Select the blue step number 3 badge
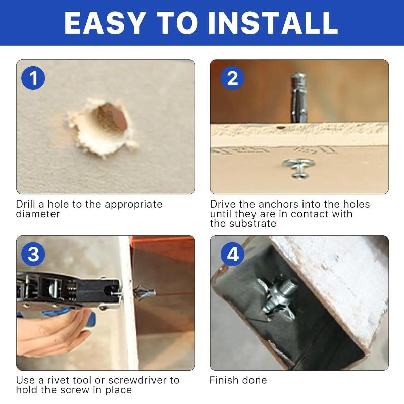pyautogui.click(x=33, y=254)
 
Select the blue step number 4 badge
pyautogui.click(x=232, y=254)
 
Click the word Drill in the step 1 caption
pyautogui.click(x=26, y=205)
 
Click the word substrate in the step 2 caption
pyautogui.click(x=251, y=224)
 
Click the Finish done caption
pyautogui.click(x=238, y=380)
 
